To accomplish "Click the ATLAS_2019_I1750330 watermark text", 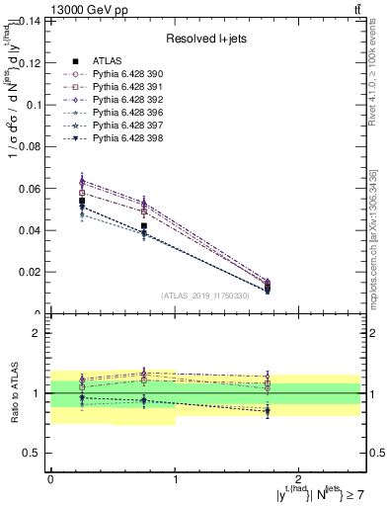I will pos(205,295).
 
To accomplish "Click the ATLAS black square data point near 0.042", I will pos(144,226).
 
